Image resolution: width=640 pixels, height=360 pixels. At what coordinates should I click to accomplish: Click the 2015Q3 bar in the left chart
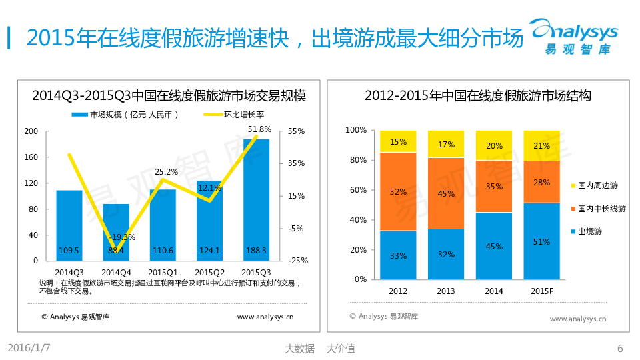point(256,200)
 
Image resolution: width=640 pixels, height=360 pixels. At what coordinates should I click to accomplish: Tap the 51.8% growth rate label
point(259,129)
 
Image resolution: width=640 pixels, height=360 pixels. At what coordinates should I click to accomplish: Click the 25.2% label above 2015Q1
point(166,171)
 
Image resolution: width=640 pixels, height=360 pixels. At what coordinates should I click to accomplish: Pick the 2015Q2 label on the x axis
point(209,272)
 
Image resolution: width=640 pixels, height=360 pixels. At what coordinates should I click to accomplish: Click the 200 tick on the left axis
point(31,131)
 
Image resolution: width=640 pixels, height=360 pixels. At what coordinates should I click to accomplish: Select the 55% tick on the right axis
point(297,131)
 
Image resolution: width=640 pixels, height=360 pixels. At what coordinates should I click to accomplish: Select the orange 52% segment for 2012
point(398,191)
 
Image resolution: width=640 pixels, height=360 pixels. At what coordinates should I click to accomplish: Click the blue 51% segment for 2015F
point(541,241)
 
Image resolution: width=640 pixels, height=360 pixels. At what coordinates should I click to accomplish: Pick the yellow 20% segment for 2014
point(494,145)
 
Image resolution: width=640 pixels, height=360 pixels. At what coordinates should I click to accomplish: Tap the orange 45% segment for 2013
point(446,193)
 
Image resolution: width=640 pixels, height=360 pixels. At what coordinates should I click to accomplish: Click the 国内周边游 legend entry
point(597,185)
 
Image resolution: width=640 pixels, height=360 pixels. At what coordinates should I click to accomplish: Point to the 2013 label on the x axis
point(446,291)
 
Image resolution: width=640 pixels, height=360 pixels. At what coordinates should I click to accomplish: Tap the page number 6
point(620,348)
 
